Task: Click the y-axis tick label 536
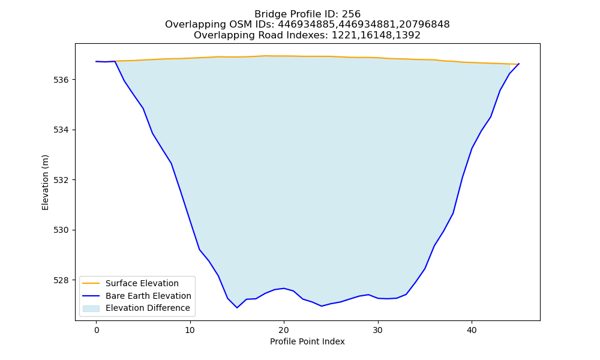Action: pyautogui.click(x=61, y=80)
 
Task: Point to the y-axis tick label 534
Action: pyautogui.click(x=61, y=130)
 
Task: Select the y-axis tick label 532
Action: pyautogui.click(x=61, y=180)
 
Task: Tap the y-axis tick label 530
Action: pyautogui.click(x=61, y=230)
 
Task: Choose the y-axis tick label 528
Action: pyautogui.click(x=61, y=280)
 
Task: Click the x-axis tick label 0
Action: pyautogui.click(x=97, y=330)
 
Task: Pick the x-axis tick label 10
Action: pyautogui.click(x=190, y=330)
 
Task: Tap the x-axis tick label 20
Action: pyautogui.click(x=284, y=330)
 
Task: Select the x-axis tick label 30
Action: pyautogui.click(x=377, y=330)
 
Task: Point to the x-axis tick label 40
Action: pyautogui.click(x=472, y=330)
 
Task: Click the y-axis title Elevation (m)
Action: pyautogui.click(x=45, y=182)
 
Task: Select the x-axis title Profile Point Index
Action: pyautogui.click(x=307, y=341)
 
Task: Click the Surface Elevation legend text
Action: pyautogui.click(x=142, y=283)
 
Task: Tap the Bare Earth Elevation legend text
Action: pyautogui.click(x=148, y=296)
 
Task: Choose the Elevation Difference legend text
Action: pyautogui.click(x=148, y=308)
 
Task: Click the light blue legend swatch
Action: pyautogui.click(x=91, y=308)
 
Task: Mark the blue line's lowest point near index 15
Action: pyautogui.click(x=237, y=308)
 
